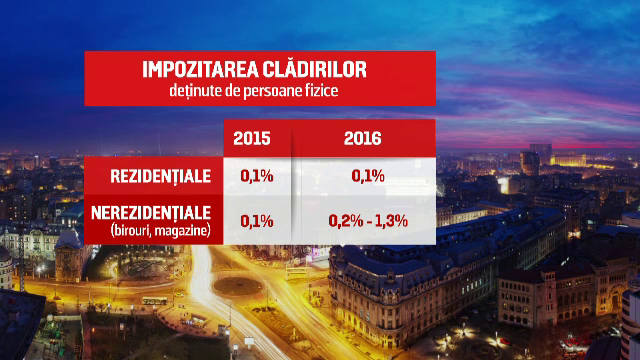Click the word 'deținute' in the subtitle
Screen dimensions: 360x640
pyautogui.click(x=195, y=92)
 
